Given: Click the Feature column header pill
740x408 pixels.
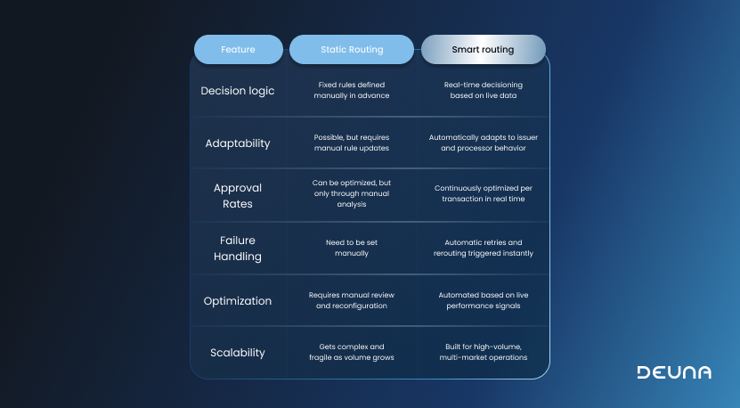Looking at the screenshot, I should pos(238,50).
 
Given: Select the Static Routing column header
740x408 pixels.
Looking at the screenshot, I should pos(352,50).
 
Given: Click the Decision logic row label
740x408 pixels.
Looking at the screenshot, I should pos(238,90).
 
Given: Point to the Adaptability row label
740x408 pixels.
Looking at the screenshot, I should pos(238,143).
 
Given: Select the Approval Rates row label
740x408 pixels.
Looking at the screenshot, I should pos(238,195).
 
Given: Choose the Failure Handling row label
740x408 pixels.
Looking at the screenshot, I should pos(238,248).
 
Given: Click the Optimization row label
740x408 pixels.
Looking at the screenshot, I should pos(238,300).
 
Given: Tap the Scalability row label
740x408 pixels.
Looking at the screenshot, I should pos(238,352).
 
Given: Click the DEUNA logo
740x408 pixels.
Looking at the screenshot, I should pos(674,372).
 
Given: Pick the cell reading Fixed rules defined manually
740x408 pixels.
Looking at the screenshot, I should pos(352,90).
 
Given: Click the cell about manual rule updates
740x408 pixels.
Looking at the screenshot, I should pos(352,143).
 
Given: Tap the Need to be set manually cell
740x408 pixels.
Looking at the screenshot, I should pos(352,248).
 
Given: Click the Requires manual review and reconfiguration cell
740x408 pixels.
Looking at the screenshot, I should pos(352,299).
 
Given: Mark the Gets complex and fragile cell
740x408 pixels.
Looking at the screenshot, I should pos(352,352).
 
